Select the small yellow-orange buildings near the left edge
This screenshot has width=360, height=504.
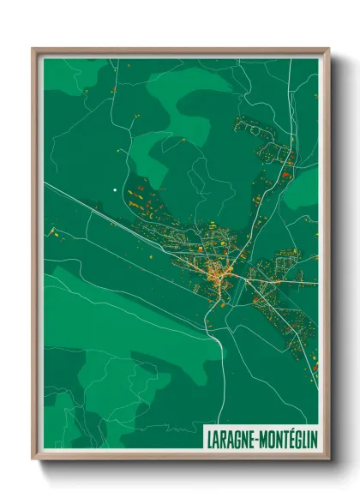point(53,231)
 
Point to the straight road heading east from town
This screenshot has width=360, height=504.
point(287,281)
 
